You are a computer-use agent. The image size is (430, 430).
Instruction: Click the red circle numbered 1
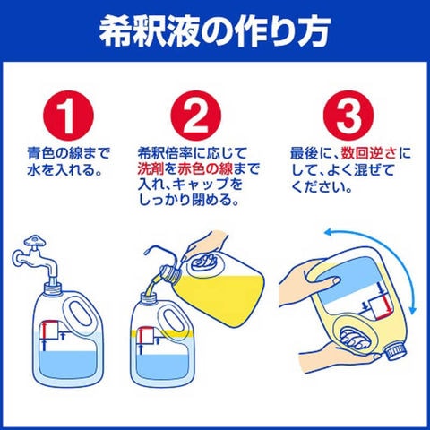pyautogui.click(x=68, y=116)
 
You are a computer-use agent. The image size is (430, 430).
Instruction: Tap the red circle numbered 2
pyautogui.click(x=196, y=116)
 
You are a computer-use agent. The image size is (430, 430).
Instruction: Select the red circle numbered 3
pyautogui.click(x=348, y=116)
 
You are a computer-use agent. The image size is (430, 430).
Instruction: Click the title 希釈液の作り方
pyautogui.click(x=215, y=30)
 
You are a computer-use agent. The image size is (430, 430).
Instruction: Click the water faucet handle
pyautogui.click(x=35, y=241)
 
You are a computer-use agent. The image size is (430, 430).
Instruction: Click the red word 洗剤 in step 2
pyautogui.click(x=150, y=169)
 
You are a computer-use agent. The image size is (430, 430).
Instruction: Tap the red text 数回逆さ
pyautogui.click(x=369, y=153)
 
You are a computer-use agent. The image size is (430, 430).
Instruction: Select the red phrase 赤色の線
pyautogui.click(x=205, y=169)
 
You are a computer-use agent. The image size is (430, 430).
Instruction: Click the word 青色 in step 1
pyautogui.click(x=40, y=153)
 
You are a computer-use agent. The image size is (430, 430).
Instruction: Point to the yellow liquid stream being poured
pyautogui.click(x=152, y=285)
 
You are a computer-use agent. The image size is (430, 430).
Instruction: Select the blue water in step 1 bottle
pyautogui.click(x=68, y=365)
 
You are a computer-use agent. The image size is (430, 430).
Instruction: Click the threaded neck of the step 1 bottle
pyautogui.click(x=53, y=288)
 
